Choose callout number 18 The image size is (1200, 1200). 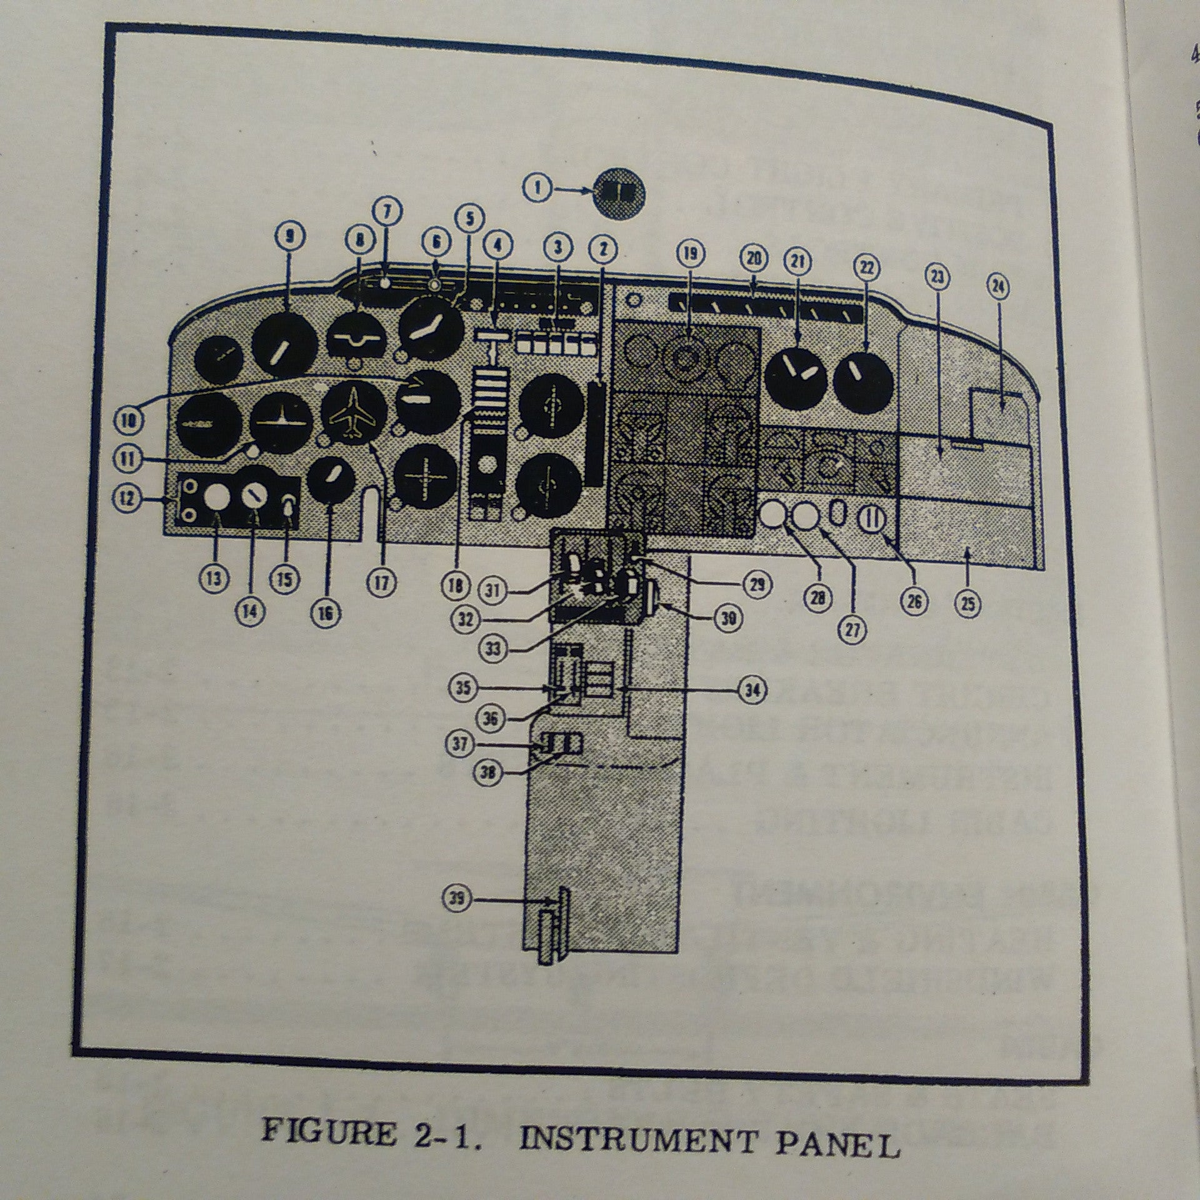pos(455,586)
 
